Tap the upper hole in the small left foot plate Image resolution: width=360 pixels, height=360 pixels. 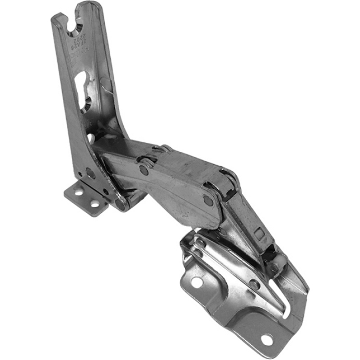tap(79, 192)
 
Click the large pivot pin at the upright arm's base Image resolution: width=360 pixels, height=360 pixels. tap(121, 205)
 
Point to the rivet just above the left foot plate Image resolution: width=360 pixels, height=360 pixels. tap(90, 174)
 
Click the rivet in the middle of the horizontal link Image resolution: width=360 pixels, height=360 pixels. tap(144, 170)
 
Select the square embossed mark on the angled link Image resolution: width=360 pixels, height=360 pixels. tap(258, 234)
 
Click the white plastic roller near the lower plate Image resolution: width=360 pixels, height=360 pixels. tap(279, 261)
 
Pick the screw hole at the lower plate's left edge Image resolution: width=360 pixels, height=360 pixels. tap(197, 282)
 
